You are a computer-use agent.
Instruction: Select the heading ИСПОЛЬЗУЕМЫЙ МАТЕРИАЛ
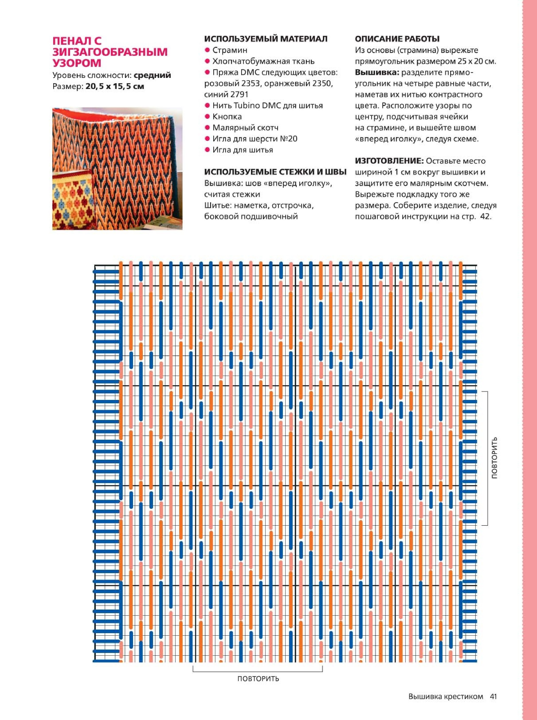point(266,39)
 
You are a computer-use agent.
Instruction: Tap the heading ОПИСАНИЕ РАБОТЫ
point(397,39)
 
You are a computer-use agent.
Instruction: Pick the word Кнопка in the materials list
point(227,117)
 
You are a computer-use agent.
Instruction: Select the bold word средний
point(152,75)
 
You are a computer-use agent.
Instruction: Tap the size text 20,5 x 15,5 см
point(115,86)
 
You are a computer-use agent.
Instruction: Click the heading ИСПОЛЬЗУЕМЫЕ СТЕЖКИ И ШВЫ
point(275,172)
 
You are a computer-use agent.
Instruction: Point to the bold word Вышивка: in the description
point(377,72)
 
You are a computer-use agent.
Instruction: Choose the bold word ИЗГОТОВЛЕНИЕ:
point(389,161)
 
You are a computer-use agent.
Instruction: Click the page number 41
point(493,697)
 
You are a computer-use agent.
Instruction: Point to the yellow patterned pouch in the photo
point(72,200)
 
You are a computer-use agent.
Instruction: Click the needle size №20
point(288,139)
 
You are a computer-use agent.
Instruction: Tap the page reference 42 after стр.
point(485,216)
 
